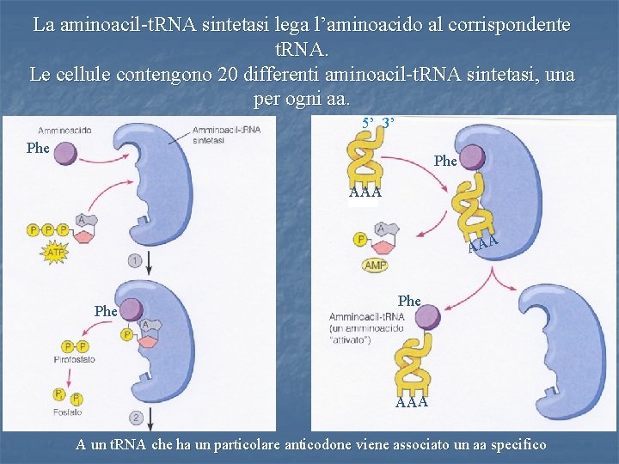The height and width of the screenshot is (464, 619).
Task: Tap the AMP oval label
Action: pos(376,266)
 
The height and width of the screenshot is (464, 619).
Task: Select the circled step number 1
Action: pos(135,259)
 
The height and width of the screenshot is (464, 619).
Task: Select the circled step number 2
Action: pos(136,418)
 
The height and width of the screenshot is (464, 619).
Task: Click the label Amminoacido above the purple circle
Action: pos(65,130)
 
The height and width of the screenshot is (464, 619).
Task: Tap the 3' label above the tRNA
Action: pos(388,122)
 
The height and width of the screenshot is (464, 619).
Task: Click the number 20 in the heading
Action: pos(229,74)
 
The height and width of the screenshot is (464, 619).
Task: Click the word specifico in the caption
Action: pos(512,444)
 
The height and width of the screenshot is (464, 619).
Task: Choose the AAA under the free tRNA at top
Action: pos(365,192)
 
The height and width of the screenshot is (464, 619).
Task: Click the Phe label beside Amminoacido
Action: pos(38,148)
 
